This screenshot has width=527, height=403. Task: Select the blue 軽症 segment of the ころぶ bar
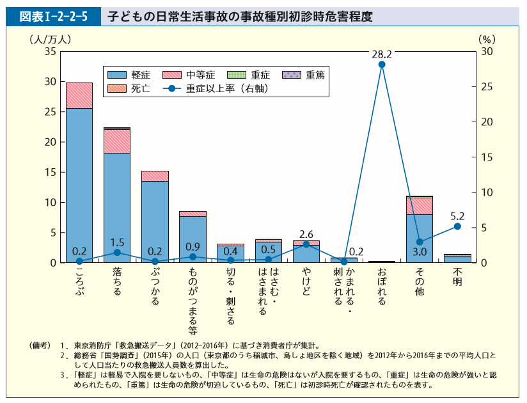[79, 186]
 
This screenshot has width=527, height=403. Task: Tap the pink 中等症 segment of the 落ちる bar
[117, 141]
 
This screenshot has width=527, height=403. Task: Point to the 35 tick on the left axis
[51, 51]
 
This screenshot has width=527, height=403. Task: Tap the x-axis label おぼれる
[382, 287]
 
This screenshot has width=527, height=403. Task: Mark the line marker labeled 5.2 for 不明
[457, 226]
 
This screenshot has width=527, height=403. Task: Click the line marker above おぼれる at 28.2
[382, 64]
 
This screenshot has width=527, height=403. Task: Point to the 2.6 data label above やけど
[306, 234]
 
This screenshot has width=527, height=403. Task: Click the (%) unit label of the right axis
[487, 38]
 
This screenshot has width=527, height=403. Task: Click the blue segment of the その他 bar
[420, 238]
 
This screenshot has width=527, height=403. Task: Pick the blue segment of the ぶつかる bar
[155, 221]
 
